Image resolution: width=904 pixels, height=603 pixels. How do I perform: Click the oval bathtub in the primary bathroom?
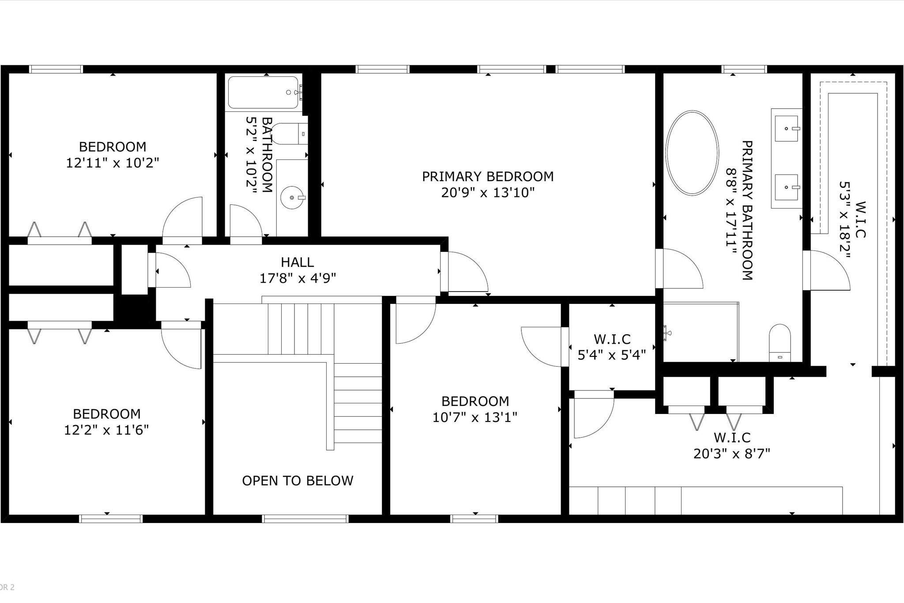tap(692, 153)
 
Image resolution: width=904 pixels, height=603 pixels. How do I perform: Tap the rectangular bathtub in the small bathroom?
tap(264, 92)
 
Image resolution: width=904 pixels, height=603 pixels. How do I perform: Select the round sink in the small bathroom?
tap(292, 197)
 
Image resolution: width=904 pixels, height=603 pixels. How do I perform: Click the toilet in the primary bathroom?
tap(780, 343)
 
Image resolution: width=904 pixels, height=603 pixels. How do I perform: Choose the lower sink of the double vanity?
tap(787, 187)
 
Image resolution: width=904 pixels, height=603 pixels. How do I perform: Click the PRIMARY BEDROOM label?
tap(488, 177)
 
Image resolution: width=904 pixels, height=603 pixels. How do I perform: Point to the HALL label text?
tap(298, 262)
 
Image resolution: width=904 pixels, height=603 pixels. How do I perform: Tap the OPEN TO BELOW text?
tap(298, 481)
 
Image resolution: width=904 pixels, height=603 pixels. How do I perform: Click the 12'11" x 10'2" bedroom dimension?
tap(112, 163)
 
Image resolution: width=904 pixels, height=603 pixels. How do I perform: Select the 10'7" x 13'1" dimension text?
tap(475, 417)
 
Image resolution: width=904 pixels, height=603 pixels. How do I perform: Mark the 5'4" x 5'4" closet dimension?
tap(612, 354)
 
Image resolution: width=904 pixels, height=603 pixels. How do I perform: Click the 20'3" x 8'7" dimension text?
tap(732, 454)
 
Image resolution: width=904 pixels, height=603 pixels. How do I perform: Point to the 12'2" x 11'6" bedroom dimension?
tap(106, 430)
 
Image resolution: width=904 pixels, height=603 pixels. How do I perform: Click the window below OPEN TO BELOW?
tap(305, 519)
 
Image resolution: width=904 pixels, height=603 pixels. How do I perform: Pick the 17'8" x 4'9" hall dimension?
tap(298, 278)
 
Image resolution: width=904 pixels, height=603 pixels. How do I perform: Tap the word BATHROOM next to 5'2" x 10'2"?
tap(267, 155)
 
